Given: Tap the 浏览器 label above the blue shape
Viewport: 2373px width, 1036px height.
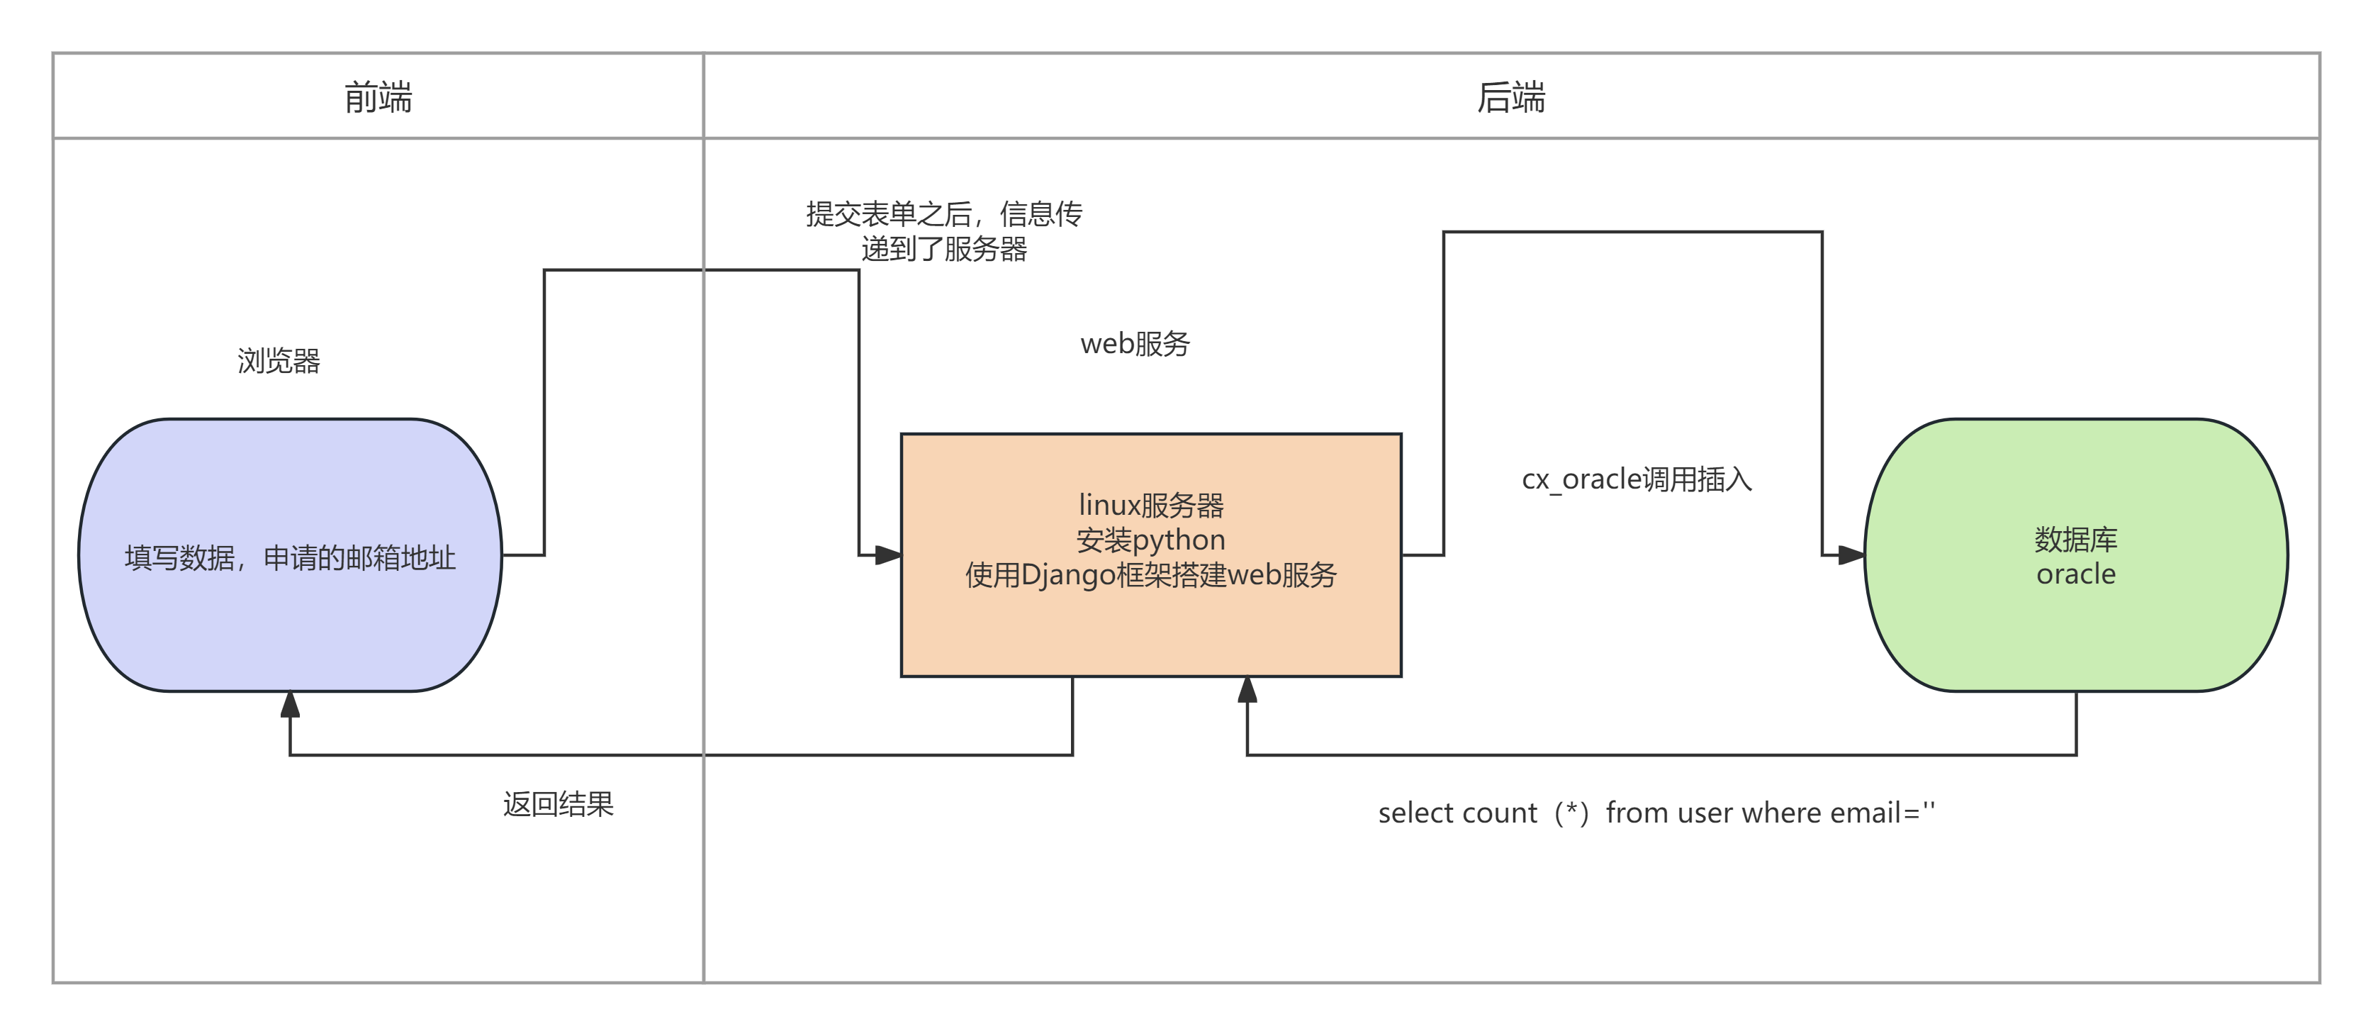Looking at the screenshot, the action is coord(279,360).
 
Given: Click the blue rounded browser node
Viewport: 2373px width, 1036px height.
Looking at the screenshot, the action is coord(290,627).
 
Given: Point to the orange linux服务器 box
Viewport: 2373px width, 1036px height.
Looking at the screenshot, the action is coord(1150,627).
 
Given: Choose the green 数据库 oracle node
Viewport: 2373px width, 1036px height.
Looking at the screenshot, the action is coord(2075,636).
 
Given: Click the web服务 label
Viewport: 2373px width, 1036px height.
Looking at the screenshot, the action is coord(1135,344).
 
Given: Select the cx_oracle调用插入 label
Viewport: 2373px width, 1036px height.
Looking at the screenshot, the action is coord(1636,479).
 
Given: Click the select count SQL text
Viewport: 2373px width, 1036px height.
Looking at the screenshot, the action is coord(1656,813).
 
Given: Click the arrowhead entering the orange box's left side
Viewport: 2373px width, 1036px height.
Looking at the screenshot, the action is coord(888,555).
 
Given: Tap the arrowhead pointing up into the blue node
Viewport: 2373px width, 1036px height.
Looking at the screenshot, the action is coord(290,704).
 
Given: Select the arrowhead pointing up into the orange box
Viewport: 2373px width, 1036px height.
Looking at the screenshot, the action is coord(1247,689).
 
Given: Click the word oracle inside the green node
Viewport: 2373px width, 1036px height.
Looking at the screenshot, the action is coord(2075,574).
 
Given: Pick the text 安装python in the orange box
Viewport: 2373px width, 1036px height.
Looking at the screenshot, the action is coord(1150,540).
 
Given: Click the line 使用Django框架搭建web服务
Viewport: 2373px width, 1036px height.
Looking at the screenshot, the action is coord(1150,575).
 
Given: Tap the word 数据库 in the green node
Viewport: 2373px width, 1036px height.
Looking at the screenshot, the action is coord(2075,539).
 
